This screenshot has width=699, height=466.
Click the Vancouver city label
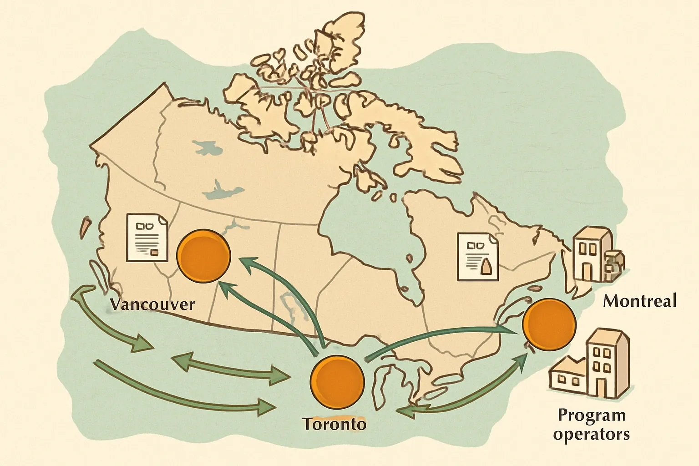click(x=152, y=304)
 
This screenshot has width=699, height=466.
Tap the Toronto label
click(x=334, y=424)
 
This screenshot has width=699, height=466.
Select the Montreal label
click(x=640, y=301)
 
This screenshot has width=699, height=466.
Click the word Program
click(x=592, y=415)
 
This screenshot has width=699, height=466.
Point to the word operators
click(x=592, y=434)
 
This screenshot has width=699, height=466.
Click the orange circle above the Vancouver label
click(x=203, y=255)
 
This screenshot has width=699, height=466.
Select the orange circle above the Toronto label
click(x=337, y=381)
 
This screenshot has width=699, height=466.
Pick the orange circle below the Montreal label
click(x=549, y=324)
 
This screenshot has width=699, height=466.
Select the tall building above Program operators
click(x=608, y=364)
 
